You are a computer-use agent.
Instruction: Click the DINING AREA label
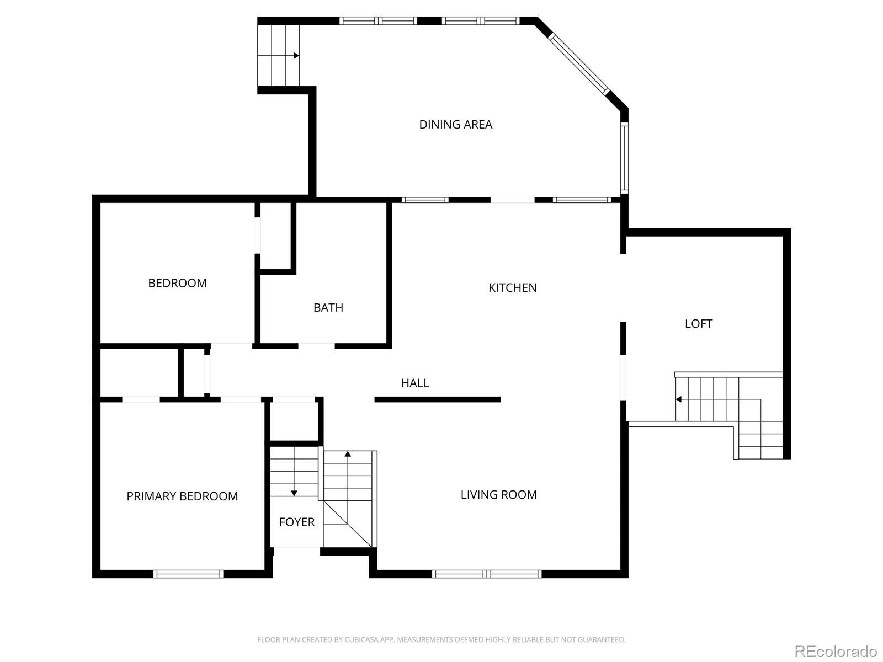tap(455, 125)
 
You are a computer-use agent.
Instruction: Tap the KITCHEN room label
tap(512, 288)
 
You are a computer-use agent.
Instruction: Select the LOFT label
tap(698, 324)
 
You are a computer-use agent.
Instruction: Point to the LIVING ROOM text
tap(498, 495)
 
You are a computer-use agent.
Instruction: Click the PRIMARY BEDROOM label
tap(182, 496)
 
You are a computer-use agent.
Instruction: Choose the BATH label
tap(328, 307)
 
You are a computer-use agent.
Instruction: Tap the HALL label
tap(415, 383)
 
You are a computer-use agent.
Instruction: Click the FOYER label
tap(297, 522)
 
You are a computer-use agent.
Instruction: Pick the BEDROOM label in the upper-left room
tap(177, 283)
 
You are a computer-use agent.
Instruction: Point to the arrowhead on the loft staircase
tap(678, 399)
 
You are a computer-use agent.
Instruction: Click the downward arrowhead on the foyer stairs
tap(294, 493)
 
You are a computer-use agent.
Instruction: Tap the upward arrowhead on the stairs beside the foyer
tap(348, 454)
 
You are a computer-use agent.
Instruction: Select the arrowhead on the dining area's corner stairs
tap(296, 56)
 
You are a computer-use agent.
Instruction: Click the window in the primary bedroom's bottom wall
tap(188, 574)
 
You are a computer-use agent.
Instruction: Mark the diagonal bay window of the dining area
tap(579, 64)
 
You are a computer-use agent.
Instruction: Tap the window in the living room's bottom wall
tap(487, 574)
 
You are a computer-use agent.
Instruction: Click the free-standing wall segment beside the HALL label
tap(438, 399)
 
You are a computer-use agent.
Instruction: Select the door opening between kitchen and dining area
tap(513, 200)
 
